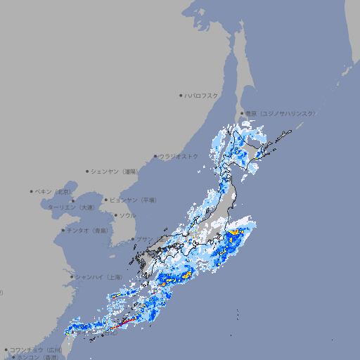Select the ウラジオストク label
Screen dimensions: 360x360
179,156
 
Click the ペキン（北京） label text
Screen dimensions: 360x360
55,191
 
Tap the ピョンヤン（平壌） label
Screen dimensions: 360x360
134,200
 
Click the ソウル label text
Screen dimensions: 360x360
128,215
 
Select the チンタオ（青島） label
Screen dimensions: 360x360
87,230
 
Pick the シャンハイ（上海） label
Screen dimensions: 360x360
98,277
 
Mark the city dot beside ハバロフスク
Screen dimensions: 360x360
181,95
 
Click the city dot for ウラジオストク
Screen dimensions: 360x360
155,156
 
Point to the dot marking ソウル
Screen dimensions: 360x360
115,215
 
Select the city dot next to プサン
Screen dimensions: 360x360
133,239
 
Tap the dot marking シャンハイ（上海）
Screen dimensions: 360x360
72,277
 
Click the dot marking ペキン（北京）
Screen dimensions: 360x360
32,191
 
